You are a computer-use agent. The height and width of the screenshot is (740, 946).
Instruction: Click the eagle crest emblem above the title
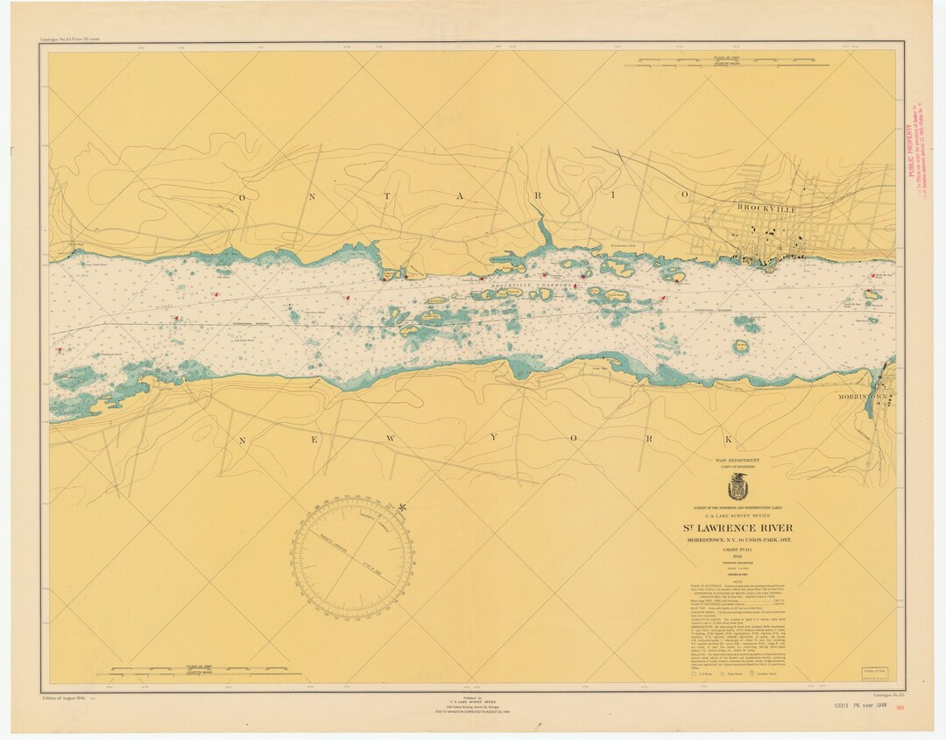(x=738, y=487)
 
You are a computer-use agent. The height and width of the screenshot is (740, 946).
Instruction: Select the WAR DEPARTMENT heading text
(x=738, y=460)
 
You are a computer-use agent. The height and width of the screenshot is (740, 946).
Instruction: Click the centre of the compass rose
(x=352, y=557)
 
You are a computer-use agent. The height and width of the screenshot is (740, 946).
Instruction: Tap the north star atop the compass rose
(x=402, y=507)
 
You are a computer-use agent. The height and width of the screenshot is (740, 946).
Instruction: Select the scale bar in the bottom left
(x=199, y=672)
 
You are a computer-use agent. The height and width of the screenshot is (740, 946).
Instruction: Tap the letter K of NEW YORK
(x=726, y=439)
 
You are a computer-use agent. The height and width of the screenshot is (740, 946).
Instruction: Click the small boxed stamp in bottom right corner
(x=872, y=673)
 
